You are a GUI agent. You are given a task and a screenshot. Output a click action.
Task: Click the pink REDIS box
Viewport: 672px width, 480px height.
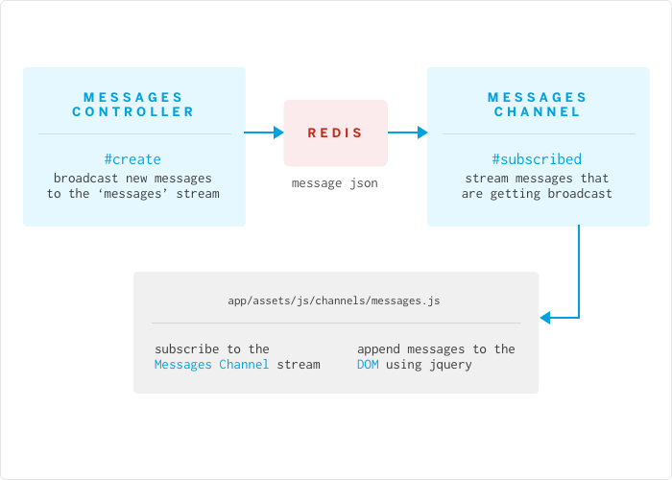(x=335, y=132)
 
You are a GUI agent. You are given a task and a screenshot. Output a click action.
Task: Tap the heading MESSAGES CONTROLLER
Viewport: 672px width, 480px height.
(x=133, y=105)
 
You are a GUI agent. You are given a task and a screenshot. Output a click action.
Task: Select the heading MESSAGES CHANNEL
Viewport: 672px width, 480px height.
(x=537, y=105)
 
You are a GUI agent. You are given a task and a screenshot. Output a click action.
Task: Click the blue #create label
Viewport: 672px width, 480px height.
(x=132, y=159)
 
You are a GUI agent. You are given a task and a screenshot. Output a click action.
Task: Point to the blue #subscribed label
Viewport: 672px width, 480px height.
(x=537, y=159)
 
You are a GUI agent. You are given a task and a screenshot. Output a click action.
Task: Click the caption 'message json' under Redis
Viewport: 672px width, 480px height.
(x=335, y=182)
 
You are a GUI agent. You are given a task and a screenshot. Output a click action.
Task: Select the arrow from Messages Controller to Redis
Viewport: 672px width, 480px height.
(x=264, y=132)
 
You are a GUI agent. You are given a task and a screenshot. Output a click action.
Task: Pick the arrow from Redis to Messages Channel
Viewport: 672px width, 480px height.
(x=407, y=132)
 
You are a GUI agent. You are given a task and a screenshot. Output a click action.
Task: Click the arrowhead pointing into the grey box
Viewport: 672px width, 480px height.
(x=546, y=317)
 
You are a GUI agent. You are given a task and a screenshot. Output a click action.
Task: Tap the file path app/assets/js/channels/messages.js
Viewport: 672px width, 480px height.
(x=334, y=300)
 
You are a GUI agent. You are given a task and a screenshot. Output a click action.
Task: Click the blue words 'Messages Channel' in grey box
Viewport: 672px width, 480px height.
(x=211, y=365)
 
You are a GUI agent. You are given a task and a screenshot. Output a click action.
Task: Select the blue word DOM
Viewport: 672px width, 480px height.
(x=368, y=365)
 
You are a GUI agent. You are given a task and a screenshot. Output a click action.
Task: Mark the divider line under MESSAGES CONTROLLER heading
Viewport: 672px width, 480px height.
(x=133, y=133)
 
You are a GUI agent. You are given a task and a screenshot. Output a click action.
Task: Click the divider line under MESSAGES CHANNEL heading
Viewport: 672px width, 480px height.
(x=537, y=133)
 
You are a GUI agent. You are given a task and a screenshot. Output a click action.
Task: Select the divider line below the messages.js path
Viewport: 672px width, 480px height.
(x=335, y=323)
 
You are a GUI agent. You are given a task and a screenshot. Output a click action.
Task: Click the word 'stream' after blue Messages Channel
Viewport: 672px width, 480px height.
(x=299, y=365)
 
